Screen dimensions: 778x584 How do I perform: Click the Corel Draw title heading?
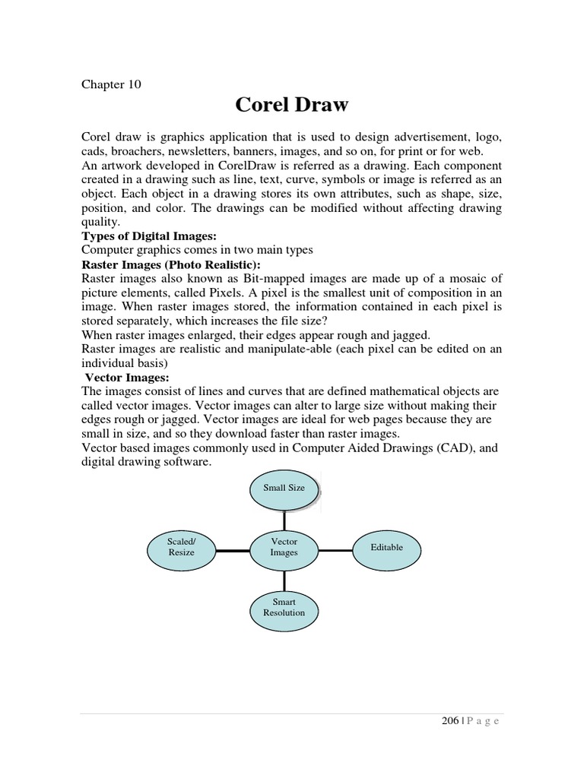[x=292, y=104]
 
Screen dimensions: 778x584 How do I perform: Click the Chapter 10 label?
[x=111, y=84]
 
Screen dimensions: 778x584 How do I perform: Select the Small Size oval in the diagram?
[x=284, y=488]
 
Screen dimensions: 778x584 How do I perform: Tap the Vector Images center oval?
[x=284, y=547]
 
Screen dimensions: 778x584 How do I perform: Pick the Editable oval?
[x=386, y=547]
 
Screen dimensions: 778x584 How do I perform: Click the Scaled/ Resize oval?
[x=180, y=547]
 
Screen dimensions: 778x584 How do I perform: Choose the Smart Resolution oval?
[x=284, y=607]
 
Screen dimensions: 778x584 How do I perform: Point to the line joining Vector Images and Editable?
[x=335, y=548]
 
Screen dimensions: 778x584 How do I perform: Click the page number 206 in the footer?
[x=449, y=722]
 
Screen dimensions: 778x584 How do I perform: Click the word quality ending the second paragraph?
[x=100, y=223]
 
